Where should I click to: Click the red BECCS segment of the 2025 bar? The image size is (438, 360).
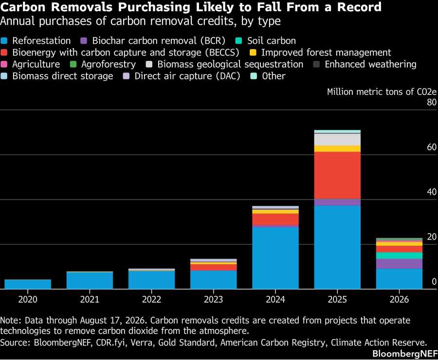337,176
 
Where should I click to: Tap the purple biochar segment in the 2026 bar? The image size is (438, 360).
399,264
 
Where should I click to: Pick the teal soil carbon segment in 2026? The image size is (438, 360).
399,256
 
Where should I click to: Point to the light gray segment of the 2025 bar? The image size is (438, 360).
337,140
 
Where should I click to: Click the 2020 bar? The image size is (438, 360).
28,284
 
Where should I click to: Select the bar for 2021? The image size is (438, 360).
90,280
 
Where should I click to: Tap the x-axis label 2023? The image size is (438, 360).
214,299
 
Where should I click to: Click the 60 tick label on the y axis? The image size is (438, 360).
432,147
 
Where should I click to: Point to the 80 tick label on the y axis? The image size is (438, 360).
432,102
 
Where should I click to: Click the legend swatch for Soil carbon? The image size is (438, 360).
238,41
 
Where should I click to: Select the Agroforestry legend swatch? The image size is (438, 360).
73,64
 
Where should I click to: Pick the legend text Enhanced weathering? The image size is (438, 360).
370,64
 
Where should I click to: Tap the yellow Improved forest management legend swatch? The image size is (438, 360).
253,53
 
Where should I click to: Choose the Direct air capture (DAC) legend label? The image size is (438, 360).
187,76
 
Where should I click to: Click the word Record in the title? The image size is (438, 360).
359,7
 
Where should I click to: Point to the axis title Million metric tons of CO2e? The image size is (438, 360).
382,92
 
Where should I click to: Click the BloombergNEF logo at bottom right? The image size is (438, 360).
405,354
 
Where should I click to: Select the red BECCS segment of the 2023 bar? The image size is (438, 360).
214,267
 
